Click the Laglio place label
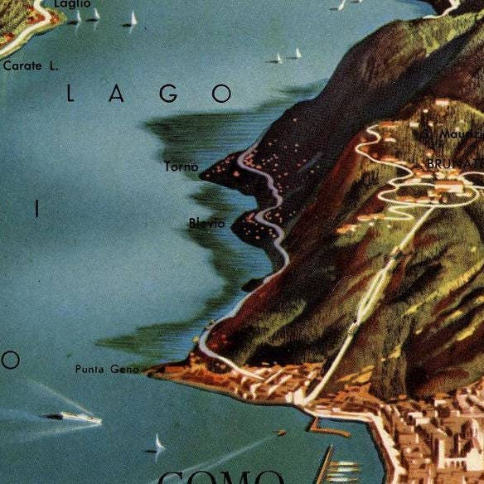coord(72,4)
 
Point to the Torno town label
coord(181,167)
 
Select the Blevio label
coord(206,223)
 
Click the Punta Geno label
coord(107,369)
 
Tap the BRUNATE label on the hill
coord(453,164)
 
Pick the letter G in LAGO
coord(170,94)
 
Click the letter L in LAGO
coord(70,94)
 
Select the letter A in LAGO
coord(118,94)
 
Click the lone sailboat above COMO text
coord(157,445)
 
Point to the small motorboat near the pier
coord(281,433)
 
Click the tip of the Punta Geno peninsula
coord(152,371)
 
